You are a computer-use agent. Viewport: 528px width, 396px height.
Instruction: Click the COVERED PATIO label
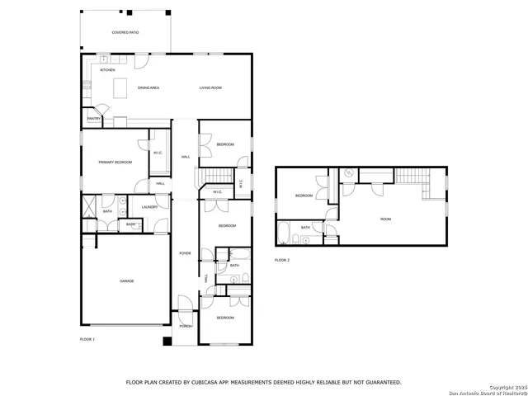click(126, 32)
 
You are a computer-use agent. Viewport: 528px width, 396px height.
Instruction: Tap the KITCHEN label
click(108, 70)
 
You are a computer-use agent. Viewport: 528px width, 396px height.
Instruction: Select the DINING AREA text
click(148, 87)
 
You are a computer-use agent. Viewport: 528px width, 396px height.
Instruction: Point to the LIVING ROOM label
click(210, 87)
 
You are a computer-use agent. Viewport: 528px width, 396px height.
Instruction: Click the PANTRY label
click(93, 119)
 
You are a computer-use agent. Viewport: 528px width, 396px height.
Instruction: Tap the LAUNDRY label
click(149, 207)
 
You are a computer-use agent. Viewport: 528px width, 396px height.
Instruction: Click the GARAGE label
click(126, 281)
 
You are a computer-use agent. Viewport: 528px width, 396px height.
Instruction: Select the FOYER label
click(185, 253)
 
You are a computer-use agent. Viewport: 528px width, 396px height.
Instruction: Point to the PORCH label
click(186, 326)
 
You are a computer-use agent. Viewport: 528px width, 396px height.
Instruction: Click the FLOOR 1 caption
click(87, 339)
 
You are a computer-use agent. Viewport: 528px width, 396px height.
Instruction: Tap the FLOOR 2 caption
click(282, 260)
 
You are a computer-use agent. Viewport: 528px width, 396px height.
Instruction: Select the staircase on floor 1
click(216, 175)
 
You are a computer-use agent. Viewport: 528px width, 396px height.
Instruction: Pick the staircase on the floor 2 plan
click(409, 175)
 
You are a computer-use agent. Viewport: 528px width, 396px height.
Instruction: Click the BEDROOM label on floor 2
click(304, 196)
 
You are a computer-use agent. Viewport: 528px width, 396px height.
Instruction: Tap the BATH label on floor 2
click(305, 228)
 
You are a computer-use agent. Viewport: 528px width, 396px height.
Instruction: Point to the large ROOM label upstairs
click(385, 219)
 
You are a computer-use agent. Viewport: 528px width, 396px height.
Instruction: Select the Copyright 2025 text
click(507, 387)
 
